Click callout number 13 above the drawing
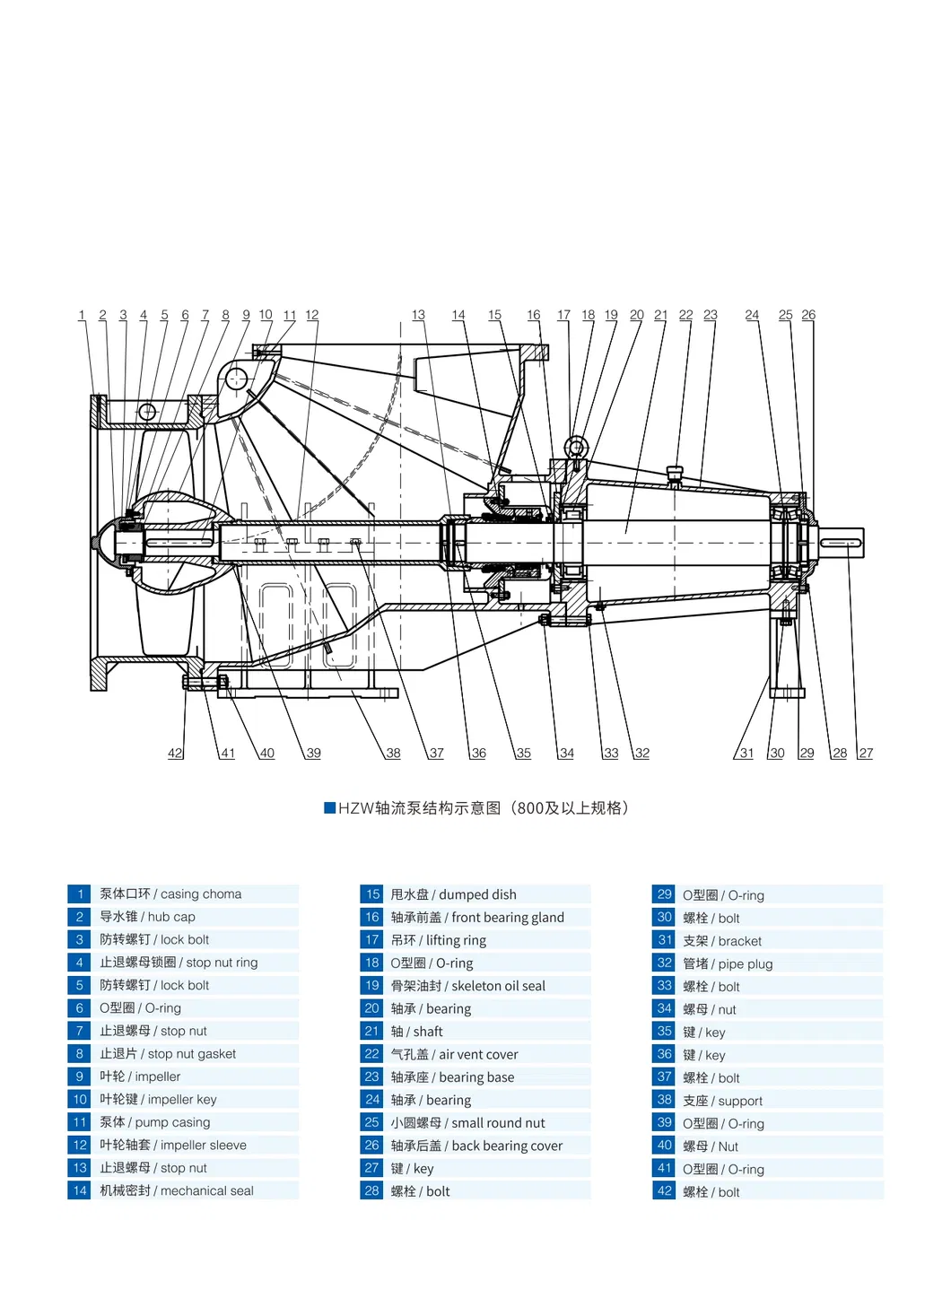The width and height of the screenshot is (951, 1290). pos(418,315)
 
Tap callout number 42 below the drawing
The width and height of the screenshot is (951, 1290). pos(175,754)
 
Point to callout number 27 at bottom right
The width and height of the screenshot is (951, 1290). pos(866,754)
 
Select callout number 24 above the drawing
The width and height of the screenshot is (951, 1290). pos(752,315)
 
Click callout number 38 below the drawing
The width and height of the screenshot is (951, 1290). pos(393,754)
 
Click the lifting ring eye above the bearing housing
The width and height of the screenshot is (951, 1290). pos(575,447)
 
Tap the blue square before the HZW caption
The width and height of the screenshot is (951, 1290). pos(329,807)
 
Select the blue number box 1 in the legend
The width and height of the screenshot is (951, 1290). pos(79,893)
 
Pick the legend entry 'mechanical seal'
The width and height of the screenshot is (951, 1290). pos(177,1190)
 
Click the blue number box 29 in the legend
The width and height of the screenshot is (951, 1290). pos(664,894)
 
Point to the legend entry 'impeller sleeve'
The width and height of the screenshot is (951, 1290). pos(173,1145)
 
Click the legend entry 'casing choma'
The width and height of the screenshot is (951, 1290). pos(170,893)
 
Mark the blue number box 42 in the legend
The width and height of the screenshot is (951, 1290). pos(664,1191)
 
